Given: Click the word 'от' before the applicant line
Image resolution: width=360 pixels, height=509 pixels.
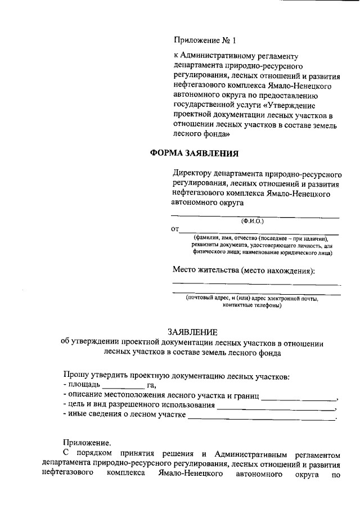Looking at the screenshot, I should (174, 229).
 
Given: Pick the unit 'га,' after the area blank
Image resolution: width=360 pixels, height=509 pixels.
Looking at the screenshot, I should (151, 385).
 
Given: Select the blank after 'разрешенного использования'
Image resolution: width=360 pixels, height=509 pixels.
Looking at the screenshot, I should (276, 408).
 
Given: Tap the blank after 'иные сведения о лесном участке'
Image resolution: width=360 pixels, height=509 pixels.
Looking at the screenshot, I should (261, 418).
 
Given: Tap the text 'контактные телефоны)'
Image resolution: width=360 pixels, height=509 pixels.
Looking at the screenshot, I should (254, 307).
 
